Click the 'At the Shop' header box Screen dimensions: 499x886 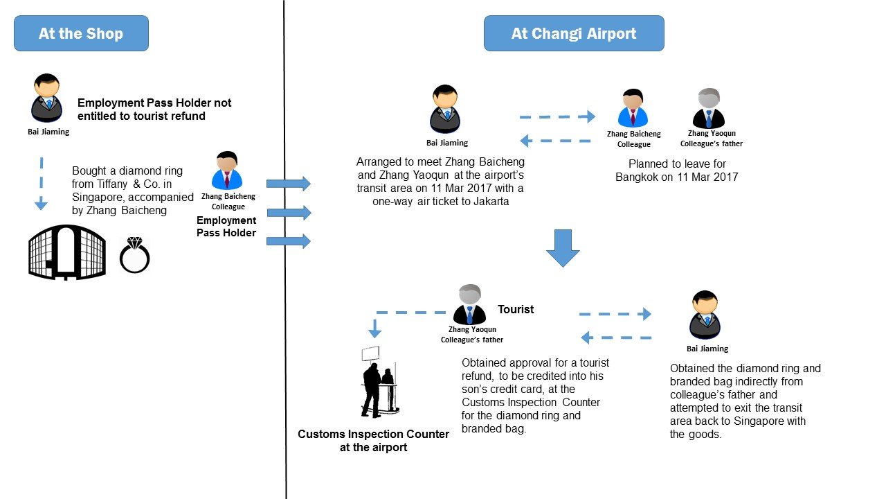pos(81,33)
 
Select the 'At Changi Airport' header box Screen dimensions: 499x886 pos(574,33)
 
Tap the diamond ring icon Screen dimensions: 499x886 pos(134,255)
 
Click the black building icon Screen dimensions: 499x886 pos(67,252)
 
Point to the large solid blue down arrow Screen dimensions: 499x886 pos(563,247)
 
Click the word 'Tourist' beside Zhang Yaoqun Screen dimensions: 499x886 pos(516,309)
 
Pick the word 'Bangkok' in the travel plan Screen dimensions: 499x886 pos(640,177)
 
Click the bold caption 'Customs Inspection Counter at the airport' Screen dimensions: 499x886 pos(373,441)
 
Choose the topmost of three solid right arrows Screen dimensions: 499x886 pos(289,184)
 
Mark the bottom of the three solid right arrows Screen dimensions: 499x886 pos(289,241)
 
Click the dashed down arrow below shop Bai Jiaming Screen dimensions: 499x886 pos(41,184)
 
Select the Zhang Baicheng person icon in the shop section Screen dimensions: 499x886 pos(226,170)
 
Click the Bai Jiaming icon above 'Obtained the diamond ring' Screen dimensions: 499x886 pos(706,315)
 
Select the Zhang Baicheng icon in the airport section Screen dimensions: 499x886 pos(633,108)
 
